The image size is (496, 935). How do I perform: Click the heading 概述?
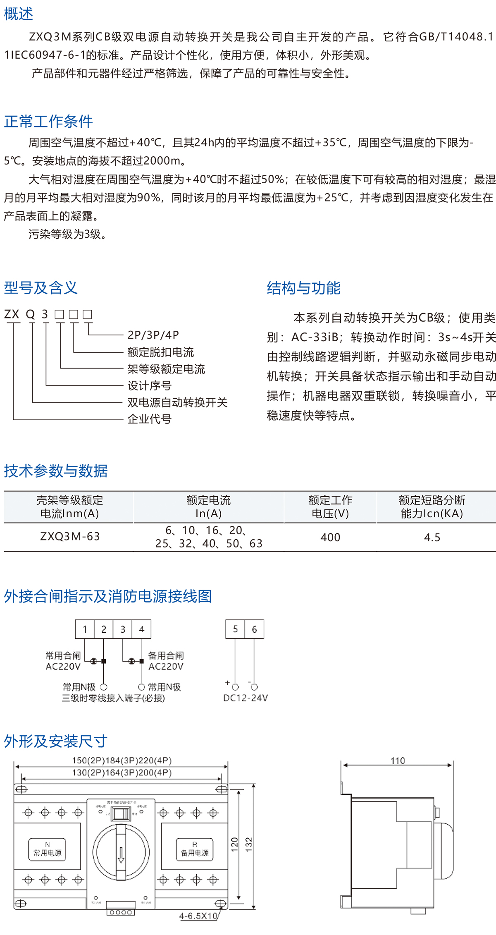[x=19, y=14]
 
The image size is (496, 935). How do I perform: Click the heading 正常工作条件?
[x=48, y=122]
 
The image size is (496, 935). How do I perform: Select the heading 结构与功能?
[x=303, y=288]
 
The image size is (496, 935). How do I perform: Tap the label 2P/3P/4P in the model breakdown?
[x=153, y=335]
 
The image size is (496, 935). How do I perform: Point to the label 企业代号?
[x=149, y=419]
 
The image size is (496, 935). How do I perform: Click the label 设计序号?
[x=149, y=385]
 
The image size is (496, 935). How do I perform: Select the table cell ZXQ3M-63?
[x=70, y=537]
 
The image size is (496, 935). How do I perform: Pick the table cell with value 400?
[x=330, y=538]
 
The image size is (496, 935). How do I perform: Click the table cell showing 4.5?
[x=432, y=538]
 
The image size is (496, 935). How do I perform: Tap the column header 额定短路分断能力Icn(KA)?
[x=432, y=507]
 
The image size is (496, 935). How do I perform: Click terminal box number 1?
[x=85, y=629]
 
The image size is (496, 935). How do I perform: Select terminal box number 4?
[x=141, y=629]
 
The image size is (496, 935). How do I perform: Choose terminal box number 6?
[x=254, y=629]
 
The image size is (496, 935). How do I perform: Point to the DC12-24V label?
[x=246, y=698]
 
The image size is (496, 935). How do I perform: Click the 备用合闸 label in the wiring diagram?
[x=166, y=655]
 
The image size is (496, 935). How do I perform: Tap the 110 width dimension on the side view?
[x=398, y=760]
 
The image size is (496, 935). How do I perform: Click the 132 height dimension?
[x=249, y=843]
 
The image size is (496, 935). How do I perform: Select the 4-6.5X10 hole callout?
[x=198, y=916]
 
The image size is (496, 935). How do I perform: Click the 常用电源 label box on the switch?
[x=47, y=850]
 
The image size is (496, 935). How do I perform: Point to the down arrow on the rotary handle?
[x=121, y=854]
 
